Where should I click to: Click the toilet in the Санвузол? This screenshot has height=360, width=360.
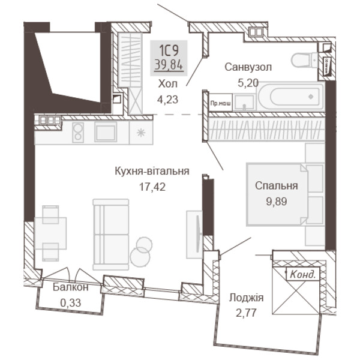tap(305, 61)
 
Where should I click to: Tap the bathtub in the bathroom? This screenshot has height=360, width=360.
tap(291, 97)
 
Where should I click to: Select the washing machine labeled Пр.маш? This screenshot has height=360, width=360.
tap(220, 103)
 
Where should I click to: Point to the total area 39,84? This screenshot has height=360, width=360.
tap(169, 65)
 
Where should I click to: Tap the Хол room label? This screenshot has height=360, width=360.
tap(168, 84)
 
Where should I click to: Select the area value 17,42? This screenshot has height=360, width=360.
tap(152, 187)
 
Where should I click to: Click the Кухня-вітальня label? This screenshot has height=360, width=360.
tap(152, 171)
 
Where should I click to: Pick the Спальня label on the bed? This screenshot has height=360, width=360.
tap(277, 186)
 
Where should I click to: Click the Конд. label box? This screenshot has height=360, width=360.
tap(303, 274)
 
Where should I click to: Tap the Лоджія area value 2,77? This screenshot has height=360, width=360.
tap(246, 313)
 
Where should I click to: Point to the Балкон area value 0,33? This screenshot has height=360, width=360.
tap(71, 303)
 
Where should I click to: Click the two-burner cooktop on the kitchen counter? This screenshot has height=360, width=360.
tap(78, 133)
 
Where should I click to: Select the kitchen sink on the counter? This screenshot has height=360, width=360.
tap(106, 132)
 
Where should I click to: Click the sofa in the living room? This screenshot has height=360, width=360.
tap(111, 235)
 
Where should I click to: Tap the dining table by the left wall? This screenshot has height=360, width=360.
tap(50, 233)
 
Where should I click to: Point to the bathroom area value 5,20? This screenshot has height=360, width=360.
tap(248, 83)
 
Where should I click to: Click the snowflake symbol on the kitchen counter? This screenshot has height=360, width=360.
tap(141, 133)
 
